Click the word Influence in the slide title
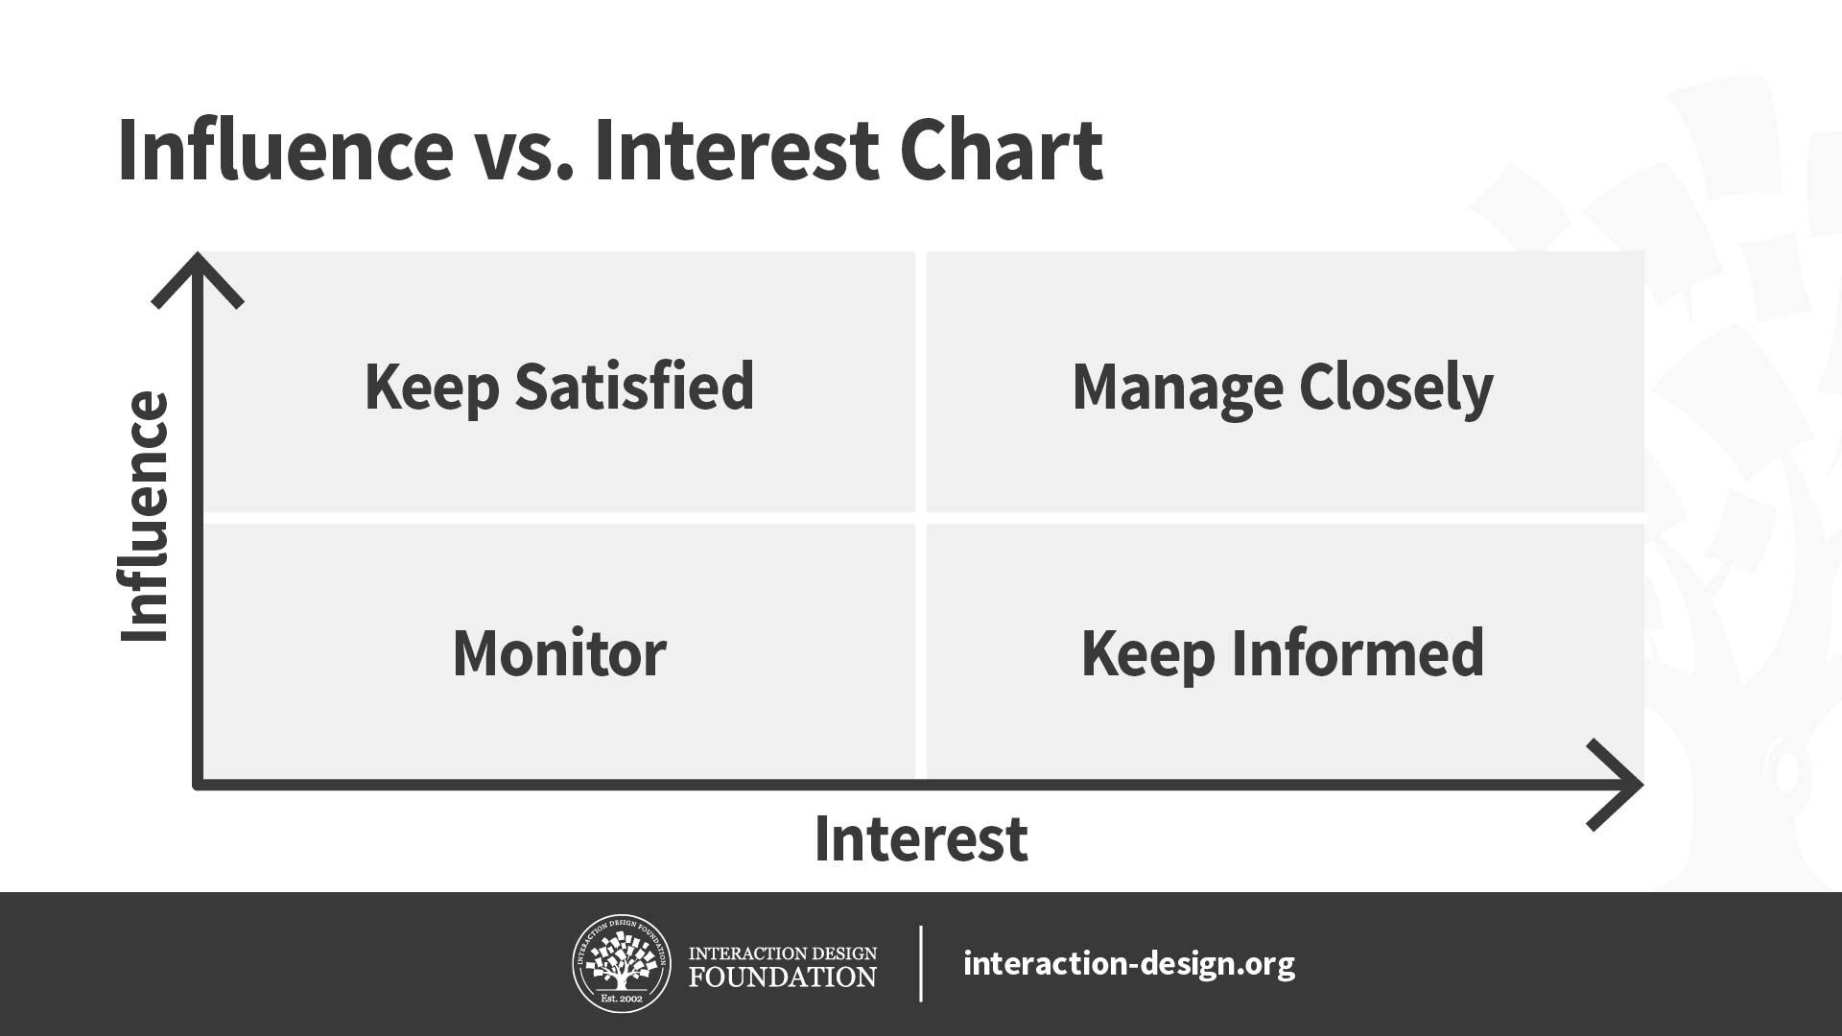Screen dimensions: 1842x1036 (286, 151)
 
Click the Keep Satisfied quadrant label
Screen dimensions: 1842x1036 (559, 387)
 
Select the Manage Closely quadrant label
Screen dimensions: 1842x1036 (1283, 388)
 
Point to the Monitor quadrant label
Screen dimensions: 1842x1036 (559, 653)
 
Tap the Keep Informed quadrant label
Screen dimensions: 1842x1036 (1283, 653)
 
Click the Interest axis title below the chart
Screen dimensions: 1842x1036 (921, 838)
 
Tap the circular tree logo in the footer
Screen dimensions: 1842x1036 (622, 963)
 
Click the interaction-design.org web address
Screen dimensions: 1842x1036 (1129, 963)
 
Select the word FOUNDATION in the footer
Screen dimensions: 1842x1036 (783, 977)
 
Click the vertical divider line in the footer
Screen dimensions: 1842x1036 (921, 963)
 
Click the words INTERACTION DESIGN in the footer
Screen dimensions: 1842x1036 (783, 954)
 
